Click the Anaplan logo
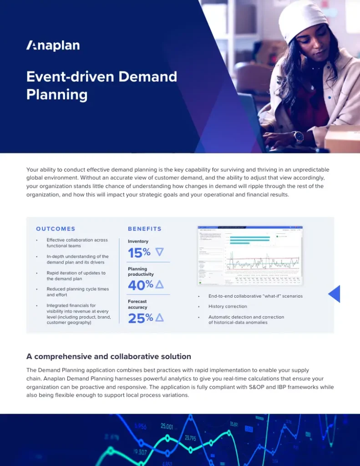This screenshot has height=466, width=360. [x=53, y=46]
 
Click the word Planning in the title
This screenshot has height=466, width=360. [x=57, y=94]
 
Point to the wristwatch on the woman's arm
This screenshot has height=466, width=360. [x=298, y=137]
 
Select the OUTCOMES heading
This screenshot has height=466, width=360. [x=56, y=229]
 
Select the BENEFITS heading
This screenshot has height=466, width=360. [x=145, y=229]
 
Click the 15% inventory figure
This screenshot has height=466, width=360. [x=139, y=253]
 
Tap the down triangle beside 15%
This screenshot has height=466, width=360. [x=159, y=252]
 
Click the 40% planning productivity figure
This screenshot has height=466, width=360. [x=140, y=285]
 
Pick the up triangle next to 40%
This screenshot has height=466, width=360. [x=159, y=285]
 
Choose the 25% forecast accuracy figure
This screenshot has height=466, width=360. [x=140, y=318]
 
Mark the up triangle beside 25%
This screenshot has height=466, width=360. [x=159, y=318]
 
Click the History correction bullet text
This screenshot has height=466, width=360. [x=228, y=306]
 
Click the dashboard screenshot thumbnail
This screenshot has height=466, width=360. [x=250, y=255]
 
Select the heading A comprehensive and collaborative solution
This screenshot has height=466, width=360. [x=109, y=356]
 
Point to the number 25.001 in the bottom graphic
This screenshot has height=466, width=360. [x=167, y=426]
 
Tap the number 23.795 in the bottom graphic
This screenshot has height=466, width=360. [x=190, y=438]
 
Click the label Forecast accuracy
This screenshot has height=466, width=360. [x=137, y=304]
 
